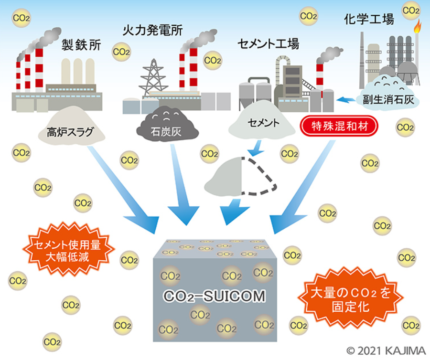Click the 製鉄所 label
click(x=81, y=45)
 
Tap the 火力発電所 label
click(x=152, y=30)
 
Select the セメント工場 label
click(x=268, y=44)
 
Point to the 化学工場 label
click(x=369, y=20)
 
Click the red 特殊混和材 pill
click(x=339, y=127)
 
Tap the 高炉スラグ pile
click(x=71, y=126)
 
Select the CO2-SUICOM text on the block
click(x=215, y=296)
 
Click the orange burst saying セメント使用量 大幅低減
click(x=68, y=250)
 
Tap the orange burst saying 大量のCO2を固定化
click(x=351, y=298)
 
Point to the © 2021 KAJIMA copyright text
click(x=386, y=351)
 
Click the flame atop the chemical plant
click(x=417, y=26)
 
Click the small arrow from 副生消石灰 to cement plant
click(x=346, y=99)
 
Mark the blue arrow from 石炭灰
click(x=182, y=185)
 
